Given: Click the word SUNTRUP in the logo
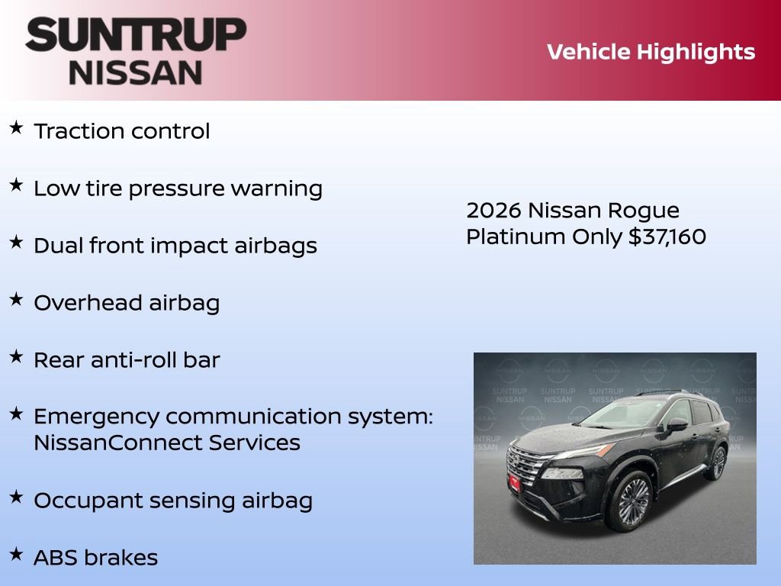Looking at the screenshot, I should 136,35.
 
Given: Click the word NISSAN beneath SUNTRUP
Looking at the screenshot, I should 136,72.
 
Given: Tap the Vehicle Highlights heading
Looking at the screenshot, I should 651,52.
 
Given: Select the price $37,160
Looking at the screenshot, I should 667,237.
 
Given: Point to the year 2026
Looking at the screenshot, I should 493,210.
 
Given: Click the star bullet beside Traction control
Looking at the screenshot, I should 16,127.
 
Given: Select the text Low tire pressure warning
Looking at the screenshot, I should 178,188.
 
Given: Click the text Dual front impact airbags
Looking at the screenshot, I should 175,246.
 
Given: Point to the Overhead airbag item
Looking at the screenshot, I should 127,303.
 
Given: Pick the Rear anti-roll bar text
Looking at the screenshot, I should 127,360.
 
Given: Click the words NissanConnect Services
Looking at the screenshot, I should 167,443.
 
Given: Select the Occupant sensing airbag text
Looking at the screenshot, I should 173,501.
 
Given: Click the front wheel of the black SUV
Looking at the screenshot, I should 631,501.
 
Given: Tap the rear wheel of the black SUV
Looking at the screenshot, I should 717,462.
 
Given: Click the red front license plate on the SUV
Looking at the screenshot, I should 515,482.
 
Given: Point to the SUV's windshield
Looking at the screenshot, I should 618,414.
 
